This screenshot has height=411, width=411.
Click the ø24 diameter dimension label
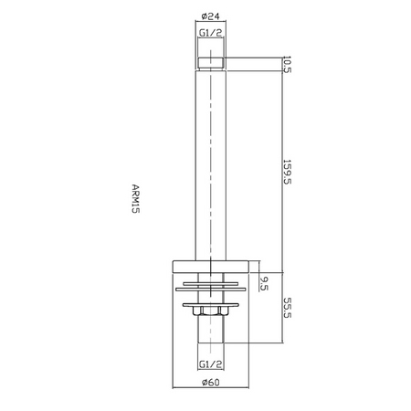[x=210, y=16]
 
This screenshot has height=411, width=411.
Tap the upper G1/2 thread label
[x=211, y=33]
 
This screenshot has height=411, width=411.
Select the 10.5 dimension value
[x=287, y=64]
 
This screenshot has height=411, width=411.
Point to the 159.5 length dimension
[x=287, y=172]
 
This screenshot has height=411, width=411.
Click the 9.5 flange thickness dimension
[x=264, y=283]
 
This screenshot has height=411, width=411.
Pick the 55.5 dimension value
[x=287, y=308]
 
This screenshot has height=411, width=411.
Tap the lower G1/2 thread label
[x=211, y=364]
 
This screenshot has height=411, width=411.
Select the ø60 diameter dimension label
[x=210, y=382]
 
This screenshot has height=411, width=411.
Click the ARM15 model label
[x=136, y=198]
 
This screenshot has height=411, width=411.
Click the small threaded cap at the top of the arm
[x=211, y=64]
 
